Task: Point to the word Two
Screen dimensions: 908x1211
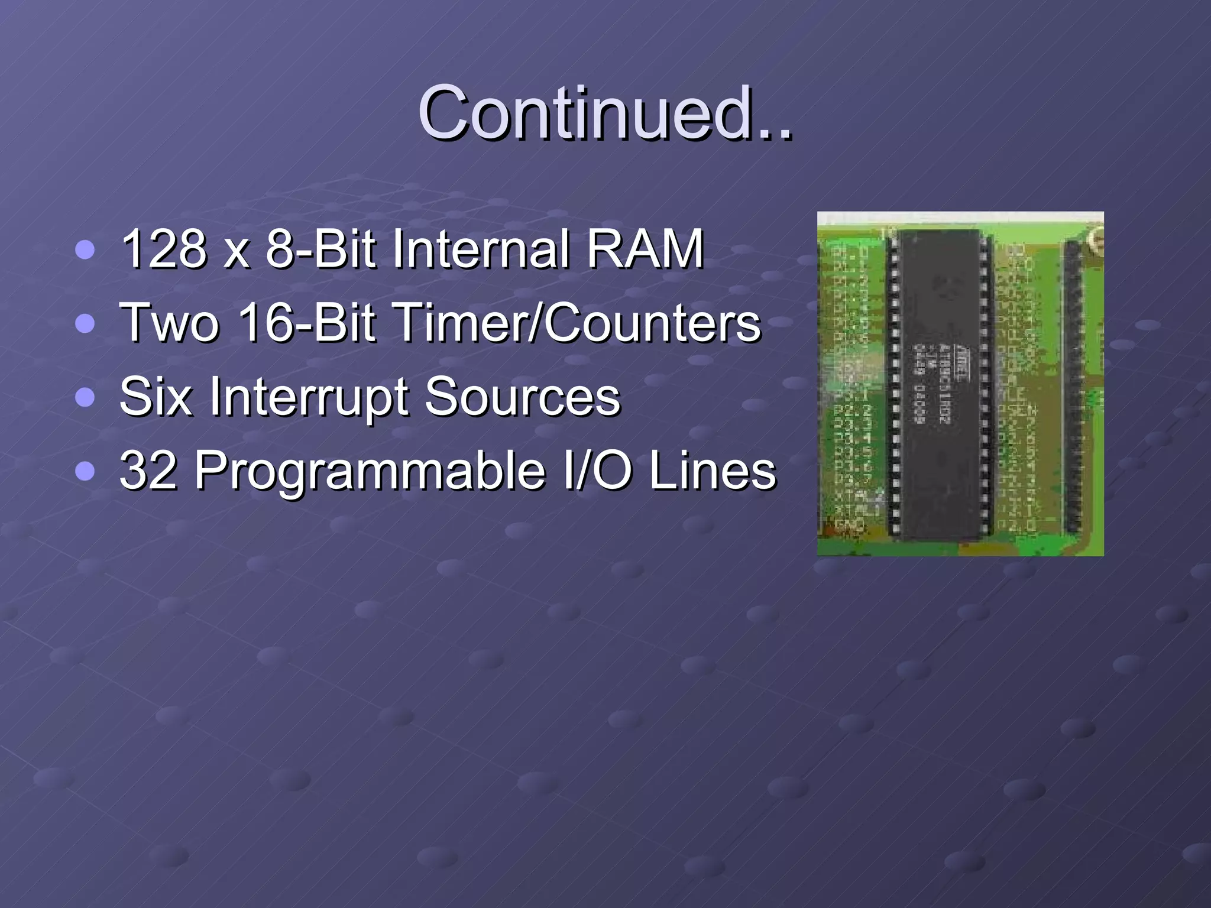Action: pos(169,323)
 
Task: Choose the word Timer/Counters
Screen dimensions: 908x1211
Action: pos(577,323)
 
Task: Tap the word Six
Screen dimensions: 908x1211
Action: pos(156,397)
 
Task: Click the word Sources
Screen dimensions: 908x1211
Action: pos(522,397)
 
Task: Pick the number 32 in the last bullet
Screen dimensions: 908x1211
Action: pos(148,471)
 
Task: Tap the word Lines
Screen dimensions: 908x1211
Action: pos(712,471)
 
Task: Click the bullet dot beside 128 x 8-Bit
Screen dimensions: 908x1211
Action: pos(85,249)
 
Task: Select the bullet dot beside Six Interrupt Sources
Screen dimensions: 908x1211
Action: pos(85,398)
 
